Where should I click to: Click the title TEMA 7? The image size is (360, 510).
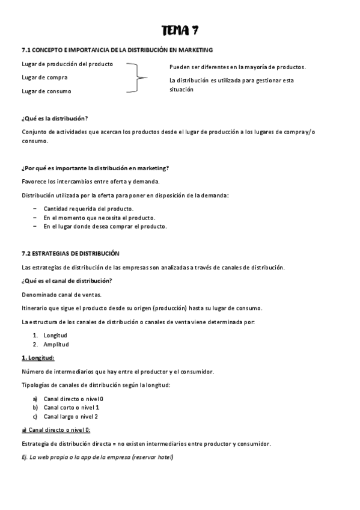click(x=180, y=30)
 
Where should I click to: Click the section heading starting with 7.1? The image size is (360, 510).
click(x=117, y=50)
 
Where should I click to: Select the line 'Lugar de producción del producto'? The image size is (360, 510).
click(x=67, y=64)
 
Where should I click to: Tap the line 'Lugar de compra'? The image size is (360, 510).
click(x=44, y=78)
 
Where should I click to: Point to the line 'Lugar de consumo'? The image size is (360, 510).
click(x=46, y=91)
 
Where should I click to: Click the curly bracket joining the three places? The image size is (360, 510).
click(x=138, y=78)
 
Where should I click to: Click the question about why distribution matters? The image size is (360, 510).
click(x=95, y=168)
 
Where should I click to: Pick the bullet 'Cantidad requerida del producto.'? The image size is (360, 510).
click(x=88, y=209)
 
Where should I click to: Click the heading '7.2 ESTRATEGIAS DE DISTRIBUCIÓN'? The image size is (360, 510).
click(x=70, y=254)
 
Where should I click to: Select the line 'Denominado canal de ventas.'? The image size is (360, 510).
click(x=61, y=295)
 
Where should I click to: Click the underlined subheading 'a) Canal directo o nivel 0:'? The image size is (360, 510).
click(x=55, y=430)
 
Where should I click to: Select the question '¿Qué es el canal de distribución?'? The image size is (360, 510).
click(x=67, y=281)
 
